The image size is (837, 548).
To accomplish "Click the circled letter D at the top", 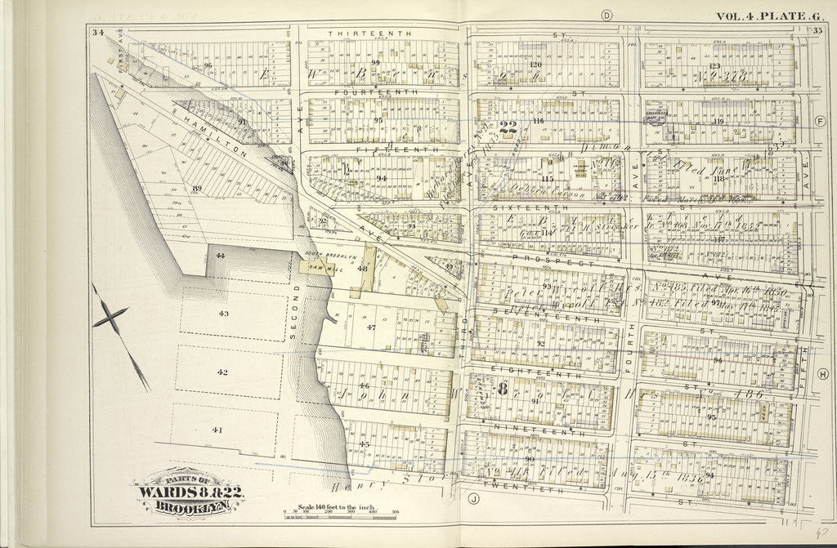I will point(606,16).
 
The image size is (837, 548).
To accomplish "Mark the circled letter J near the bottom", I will point(472,496).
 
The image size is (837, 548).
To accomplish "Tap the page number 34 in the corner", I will point(98,33).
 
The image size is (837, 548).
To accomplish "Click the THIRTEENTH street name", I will point(357,33).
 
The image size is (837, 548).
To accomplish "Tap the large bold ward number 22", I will point(508,127).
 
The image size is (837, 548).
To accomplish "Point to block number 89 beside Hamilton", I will point(196,189).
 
